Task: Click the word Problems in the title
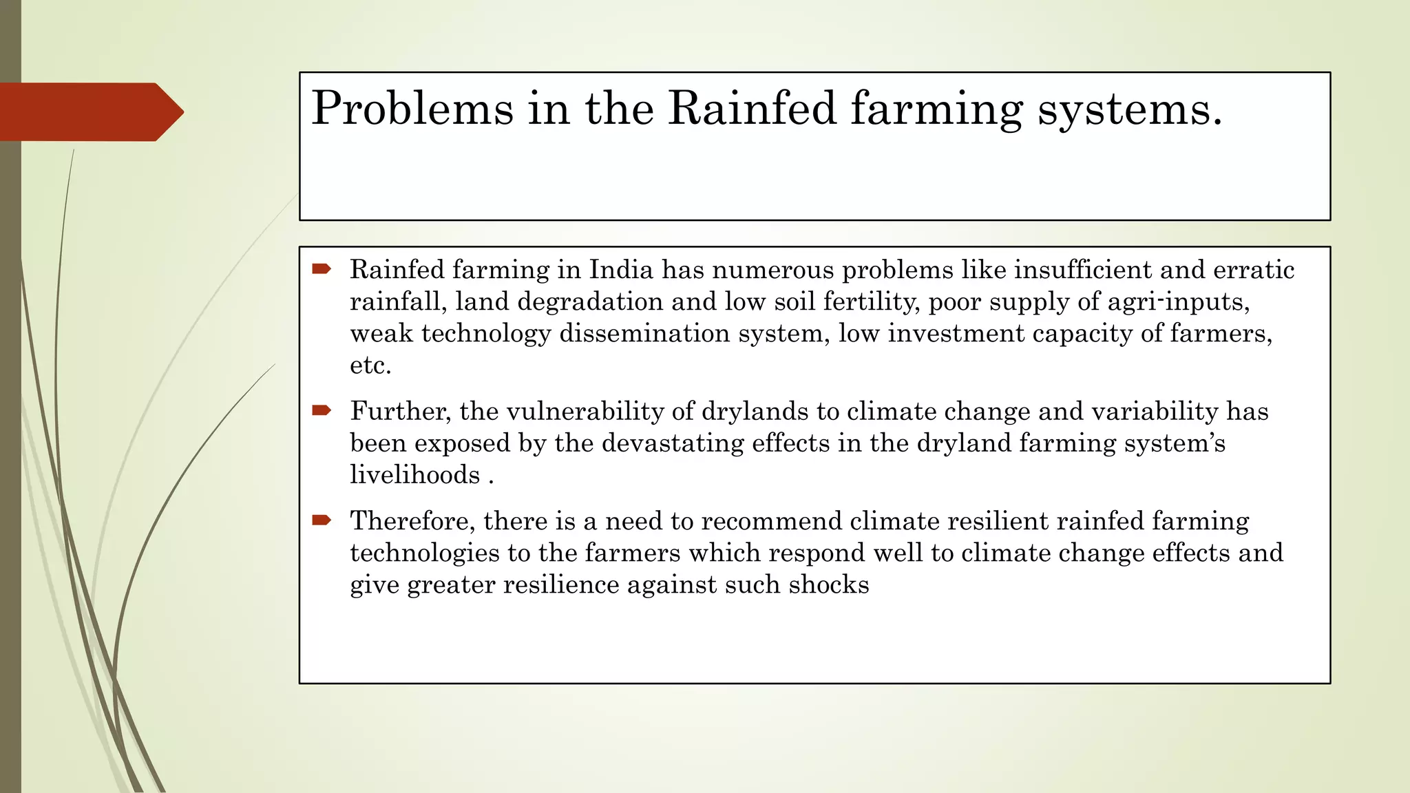[x=412, y=109]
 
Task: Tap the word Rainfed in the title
[x=752, y=109]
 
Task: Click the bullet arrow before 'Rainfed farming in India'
[x=322, y=268]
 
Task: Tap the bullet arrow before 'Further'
[x=322, y=411]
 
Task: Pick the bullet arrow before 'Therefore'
[x=322, y=520]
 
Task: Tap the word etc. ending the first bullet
[x=370, y=366]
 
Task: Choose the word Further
[x=401, y=412]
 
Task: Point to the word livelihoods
[x=414, y=475]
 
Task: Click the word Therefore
[x=412, y=521]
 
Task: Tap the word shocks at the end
[x=829, y=584]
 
